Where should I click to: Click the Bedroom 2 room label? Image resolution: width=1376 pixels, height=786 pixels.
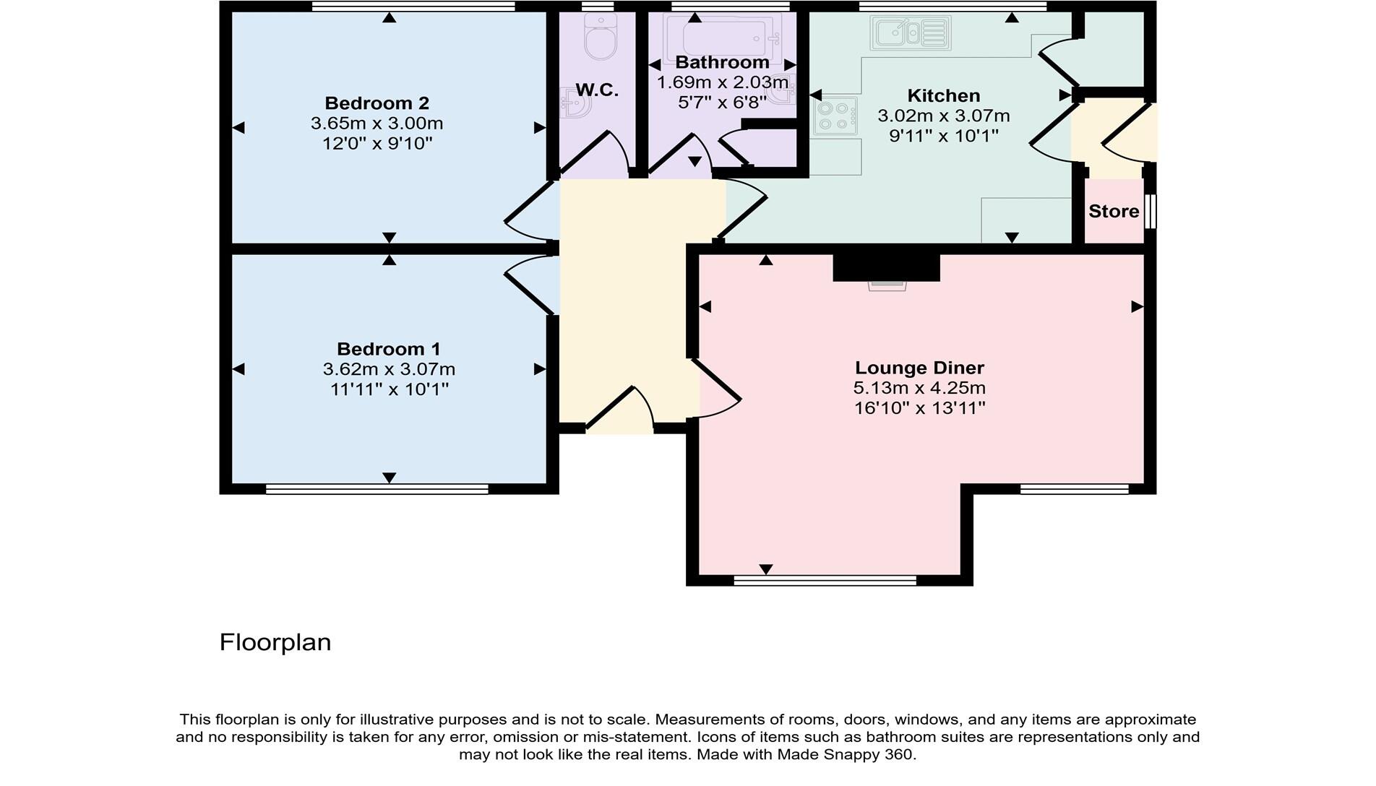(x=377, y=103)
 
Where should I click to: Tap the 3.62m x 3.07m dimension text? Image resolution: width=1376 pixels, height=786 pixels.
(x=389, y=370)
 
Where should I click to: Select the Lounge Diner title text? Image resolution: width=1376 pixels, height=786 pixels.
(x=919, y=368)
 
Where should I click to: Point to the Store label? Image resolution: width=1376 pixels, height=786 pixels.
(x=1114, y=212)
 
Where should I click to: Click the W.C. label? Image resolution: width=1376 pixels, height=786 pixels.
(x=597, y=90)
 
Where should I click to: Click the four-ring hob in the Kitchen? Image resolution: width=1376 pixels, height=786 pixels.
(x=835, y=116)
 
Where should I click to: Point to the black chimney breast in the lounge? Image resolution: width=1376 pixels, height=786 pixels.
(x=886, y=267)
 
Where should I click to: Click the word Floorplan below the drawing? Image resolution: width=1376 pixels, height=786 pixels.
(x=275, y=642)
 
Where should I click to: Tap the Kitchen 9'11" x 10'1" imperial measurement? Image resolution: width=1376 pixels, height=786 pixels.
(x=944, y=136)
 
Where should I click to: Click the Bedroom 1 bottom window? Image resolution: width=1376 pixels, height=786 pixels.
(x=377, y=489)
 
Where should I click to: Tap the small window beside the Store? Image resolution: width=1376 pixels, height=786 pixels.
(x=1151, y=211)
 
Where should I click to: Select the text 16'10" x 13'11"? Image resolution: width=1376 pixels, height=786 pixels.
(x=919, y=409)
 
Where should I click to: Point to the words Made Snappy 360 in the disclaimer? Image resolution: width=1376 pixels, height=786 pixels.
(x=845, y=755)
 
